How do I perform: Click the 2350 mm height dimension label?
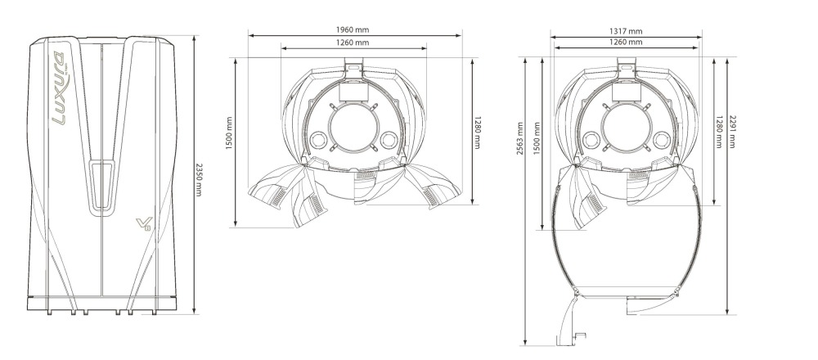pyautogui.click(x=198, y=179)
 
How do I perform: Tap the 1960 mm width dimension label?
pyautogui.click(x=352, y=30)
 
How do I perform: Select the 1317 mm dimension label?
pyautogui.click(x=626, y=31)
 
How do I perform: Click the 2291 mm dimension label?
pyautogui.click(x=731, y=132)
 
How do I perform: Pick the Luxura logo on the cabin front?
pyautogui.click(x=60, y=88)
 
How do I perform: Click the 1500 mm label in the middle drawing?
pyautogui.click(x=229, y=133)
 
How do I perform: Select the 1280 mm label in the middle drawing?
pyautogui.click(x=477, y=132)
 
